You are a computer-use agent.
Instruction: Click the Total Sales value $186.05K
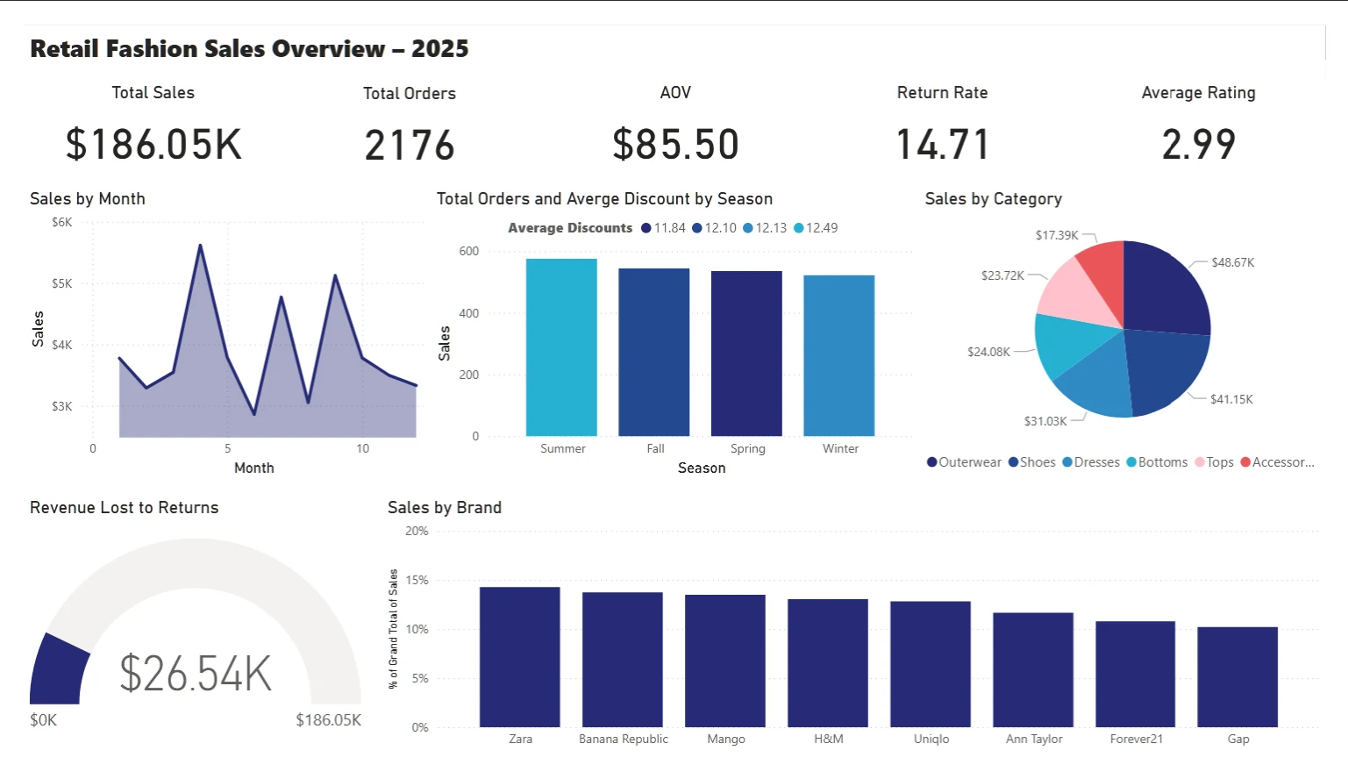point(153,145)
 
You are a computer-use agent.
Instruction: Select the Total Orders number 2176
point(410,146)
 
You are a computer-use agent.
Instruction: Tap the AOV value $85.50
point(675,145)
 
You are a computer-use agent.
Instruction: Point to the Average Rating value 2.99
point(1198,145)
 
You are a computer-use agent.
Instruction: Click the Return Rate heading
point(942,93)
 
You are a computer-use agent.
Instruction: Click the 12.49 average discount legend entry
point(816,228)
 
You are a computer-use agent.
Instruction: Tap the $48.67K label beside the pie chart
point(1232,262)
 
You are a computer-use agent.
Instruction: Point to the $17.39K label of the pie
point(1057,235)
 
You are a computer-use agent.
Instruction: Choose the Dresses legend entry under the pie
point(1091,462)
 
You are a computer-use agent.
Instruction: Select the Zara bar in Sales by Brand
point(520,657)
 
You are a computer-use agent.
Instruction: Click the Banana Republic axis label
point(624,740)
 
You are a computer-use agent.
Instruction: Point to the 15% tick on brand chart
point(417,580)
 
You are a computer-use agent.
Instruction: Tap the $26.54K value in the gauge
point(196,674)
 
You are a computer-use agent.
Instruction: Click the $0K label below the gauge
point(43,720)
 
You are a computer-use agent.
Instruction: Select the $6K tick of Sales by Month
point(62,223)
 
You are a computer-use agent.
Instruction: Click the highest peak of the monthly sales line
point(200,246)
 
